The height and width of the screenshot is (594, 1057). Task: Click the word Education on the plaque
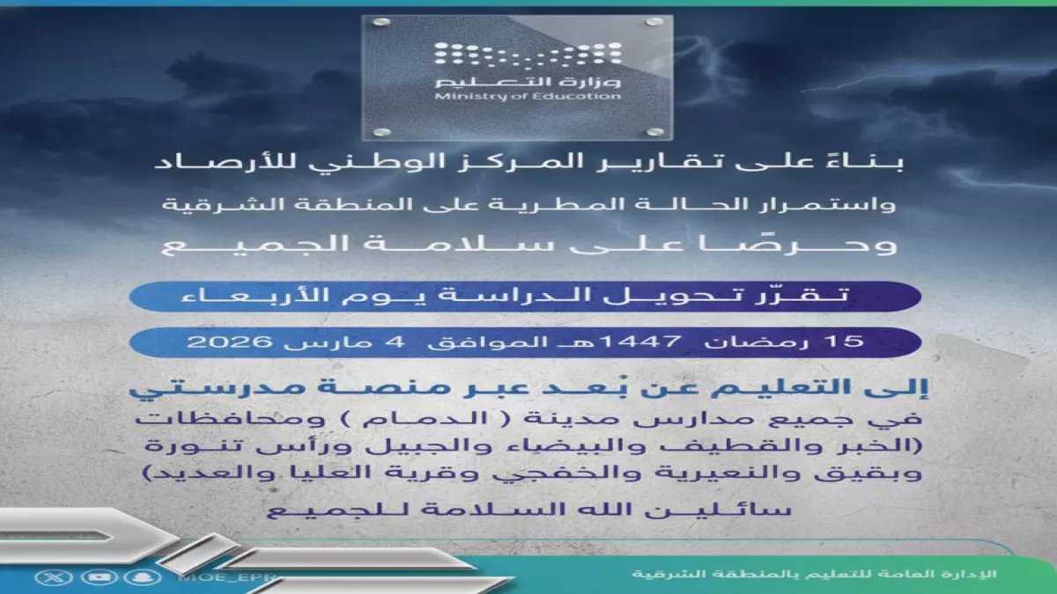(x=589, y=96)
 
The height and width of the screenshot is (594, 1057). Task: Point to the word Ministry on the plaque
(x=458, y=96)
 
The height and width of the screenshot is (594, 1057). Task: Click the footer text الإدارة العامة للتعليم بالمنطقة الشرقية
(x=814, y=574)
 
